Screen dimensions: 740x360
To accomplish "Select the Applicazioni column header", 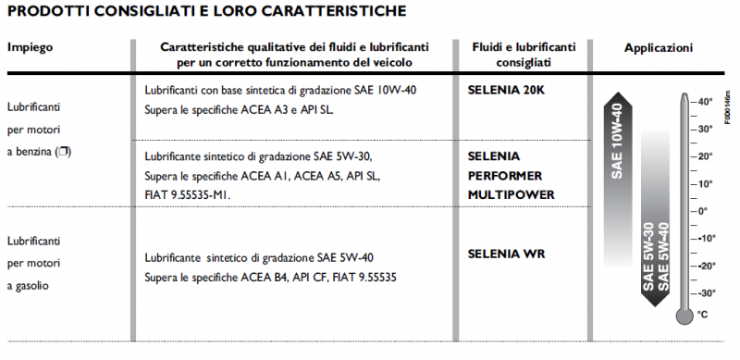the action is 658,46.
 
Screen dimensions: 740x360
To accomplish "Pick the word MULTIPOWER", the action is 511,194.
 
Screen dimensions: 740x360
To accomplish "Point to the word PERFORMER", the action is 505,175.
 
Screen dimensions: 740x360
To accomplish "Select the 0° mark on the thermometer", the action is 703,211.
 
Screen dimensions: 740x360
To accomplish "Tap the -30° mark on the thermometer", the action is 706,292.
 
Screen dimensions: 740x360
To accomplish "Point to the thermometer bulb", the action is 684,316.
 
